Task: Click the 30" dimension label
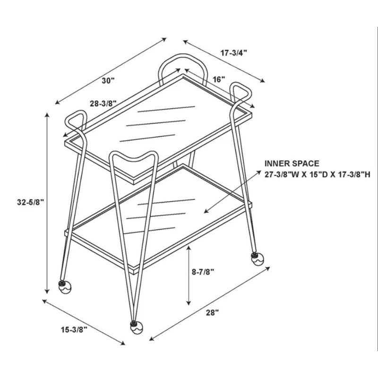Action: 108,80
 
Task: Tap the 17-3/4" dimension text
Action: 234,52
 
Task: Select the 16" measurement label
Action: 219,79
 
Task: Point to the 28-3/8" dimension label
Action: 103,103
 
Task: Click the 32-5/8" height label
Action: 30,202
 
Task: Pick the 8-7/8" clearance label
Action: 203,272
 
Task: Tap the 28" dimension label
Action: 212,313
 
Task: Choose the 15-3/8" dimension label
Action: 74,330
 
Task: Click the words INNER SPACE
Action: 292,163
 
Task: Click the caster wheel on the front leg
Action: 137,327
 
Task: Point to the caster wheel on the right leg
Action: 257,258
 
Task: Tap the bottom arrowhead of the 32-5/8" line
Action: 48,291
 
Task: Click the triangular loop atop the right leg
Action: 240,92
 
